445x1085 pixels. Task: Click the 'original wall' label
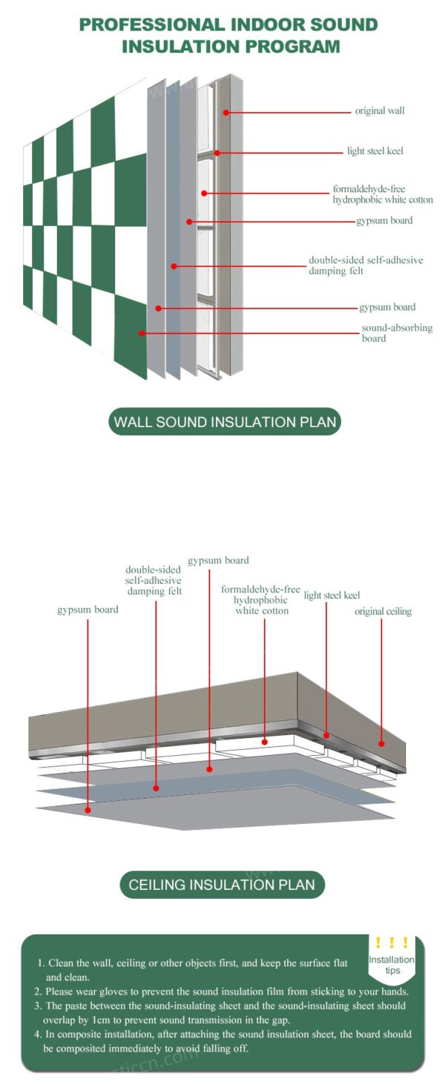(380, 111)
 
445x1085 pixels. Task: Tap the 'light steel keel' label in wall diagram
(375, 151)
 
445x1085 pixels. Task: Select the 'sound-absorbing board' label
(397, 333)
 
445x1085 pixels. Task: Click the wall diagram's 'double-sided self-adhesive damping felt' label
(366, 266)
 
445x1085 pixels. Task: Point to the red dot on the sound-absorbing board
(141, 333)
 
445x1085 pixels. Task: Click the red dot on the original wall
(227, 112)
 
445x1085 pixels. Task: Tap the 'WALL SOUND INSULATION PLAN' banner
(225, 423)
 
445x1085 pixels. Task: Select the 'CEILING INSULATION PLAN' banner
(222, 884)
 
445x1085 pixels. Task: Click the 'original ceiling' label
(383, 612)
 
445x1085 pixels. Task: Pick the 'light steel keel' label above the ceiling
(332, 596)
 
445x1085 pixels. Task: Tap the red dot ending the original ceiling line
(382, 742)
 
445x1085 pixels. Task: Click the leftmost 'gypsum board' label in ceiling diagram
(88, 610)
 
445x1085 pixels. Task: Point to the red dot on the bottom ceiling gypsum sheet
(88, 810)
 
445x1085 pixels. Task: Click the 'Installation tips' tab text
(392, 965)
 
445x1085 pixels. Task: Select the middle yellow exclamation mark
(392, 943)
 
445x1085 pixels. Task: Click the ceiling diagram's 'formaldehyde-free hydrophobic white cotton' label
(261, 600)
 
